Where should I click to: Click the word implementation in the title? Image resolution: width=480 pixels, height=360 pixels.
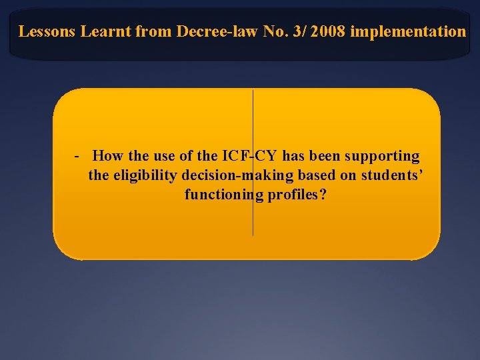point(407,31)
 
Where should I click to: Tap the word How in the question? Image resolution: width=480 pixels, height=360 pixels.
point(107,157)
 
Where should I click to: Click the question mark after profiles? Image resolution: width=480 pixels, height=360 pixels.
point(323,195)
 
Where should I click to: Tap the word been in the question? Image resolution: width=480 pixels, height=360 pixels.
point(325,157)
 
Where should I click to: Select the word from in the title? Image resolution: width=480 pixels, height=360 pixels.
point(151,31)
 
